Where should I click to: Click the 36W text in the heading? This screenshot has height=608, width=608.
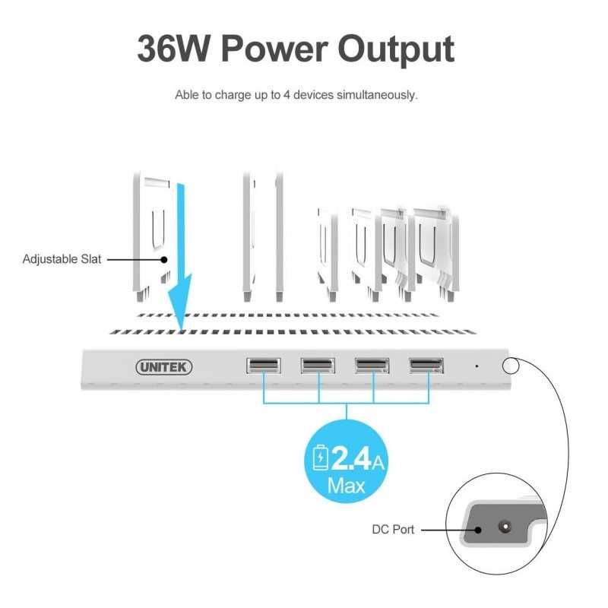tap(174, 49)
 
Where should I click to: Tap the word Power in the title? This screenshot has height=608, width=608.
tap(274, 49)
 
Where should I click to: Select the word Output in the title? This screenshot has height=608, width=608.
tap(396, 50)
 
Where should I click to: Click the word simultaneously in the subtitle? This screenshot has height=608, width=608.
tap(377, 95)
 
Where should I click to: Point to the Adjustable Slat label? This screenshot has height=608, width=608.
tap(62, 259)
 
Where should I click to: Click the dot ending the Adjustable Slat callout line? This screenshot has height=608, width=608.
tap(164, 259)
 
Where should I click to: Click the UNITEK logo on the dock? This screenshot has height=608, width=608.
tap(164, 367)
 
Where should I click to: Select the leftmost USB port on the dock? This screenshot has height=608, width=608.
tap(264, 366)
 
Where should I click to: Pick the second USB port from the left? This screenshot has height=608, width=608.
tap(318, 366)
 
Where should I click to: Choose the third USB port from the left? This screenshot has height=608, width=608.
tap(372, 366)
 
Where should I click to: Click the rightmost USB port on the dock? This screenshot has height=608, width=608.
tap(426, 366)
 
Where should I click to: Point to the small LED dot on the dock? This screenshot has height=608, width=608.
tap(477, 366)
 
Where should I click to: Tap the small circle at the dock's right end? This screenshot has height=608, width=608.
tap(510, 366)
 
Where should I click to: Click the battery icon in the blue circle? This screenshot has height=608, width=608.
tap(320, 458)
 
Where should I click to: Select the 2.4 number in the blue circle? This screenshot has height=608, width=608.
tap(351, 458)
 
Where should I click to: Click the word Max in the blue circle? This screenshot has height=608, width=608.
tap(346, 486)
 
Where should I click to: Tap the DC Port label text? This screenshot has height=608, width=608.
tap(393, 529)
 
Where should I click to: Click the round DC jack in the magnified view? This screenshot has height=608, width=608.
tap(505, 527)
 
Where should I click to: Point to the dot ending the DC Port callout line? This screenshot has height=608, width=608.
tap(479, 530)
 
